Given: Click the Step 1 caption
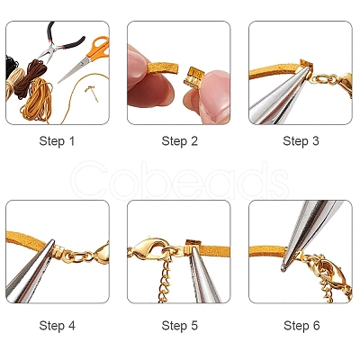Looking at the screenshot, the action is point(57,141).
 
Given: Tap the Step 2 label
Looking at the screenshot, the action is point(180,141).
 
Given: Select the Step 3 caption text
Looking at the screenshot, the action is point(301,141).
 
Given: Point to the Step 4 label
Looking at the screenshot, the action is point(57,326).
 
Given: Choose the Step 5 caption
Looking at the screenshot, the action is point(180,326).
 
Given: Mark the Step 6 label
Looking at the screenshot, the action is point(301,326).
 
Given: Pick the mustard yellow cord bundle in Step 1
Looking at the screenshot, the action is point(38,101).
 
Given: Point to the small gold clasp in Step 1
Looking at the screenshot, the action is point(92,93).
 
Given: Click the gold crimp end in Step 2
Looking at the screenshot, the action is point(194,76).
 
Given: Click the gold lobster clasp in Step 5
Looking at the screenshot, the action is point(148,248).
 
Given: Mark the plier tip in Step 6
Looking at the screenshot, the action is point(283,267).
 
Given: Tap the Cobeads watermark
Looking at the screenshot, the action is point(180,180).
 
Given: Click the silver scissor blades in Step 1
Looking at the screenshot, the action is point(75,69).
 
